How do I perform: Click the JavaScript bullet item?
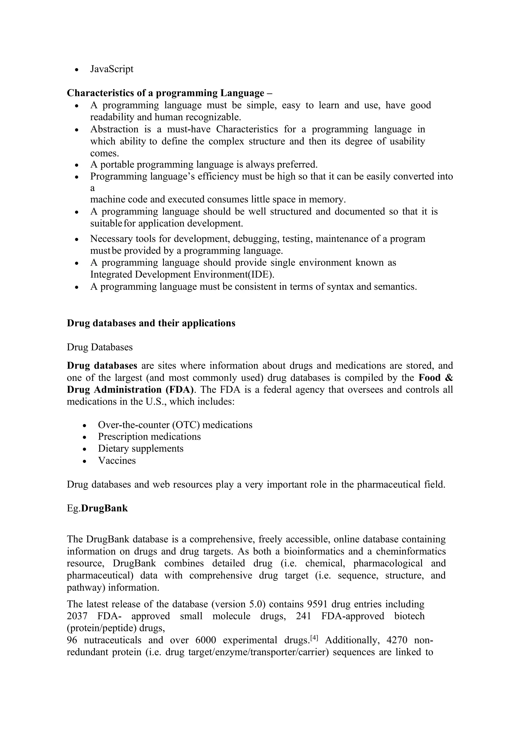(112, 69)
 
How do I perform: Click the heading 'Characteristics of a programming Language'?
(165, 93)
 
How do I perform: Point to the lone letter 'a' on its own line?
(92, 188)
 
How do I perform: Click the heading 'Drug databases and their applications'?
(151, 323)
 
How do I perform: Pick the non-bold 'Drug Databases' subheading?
(100, 347)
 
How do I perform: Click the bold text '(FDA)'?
(180, 390)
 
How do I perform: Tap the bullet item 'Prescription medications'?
(149, 437)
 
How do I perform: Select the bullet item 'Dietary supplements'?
(141, 449)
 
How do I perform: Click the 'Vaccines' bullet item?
(117, 460)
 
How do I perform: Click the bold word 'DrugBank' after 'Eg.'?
(105, 508)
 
